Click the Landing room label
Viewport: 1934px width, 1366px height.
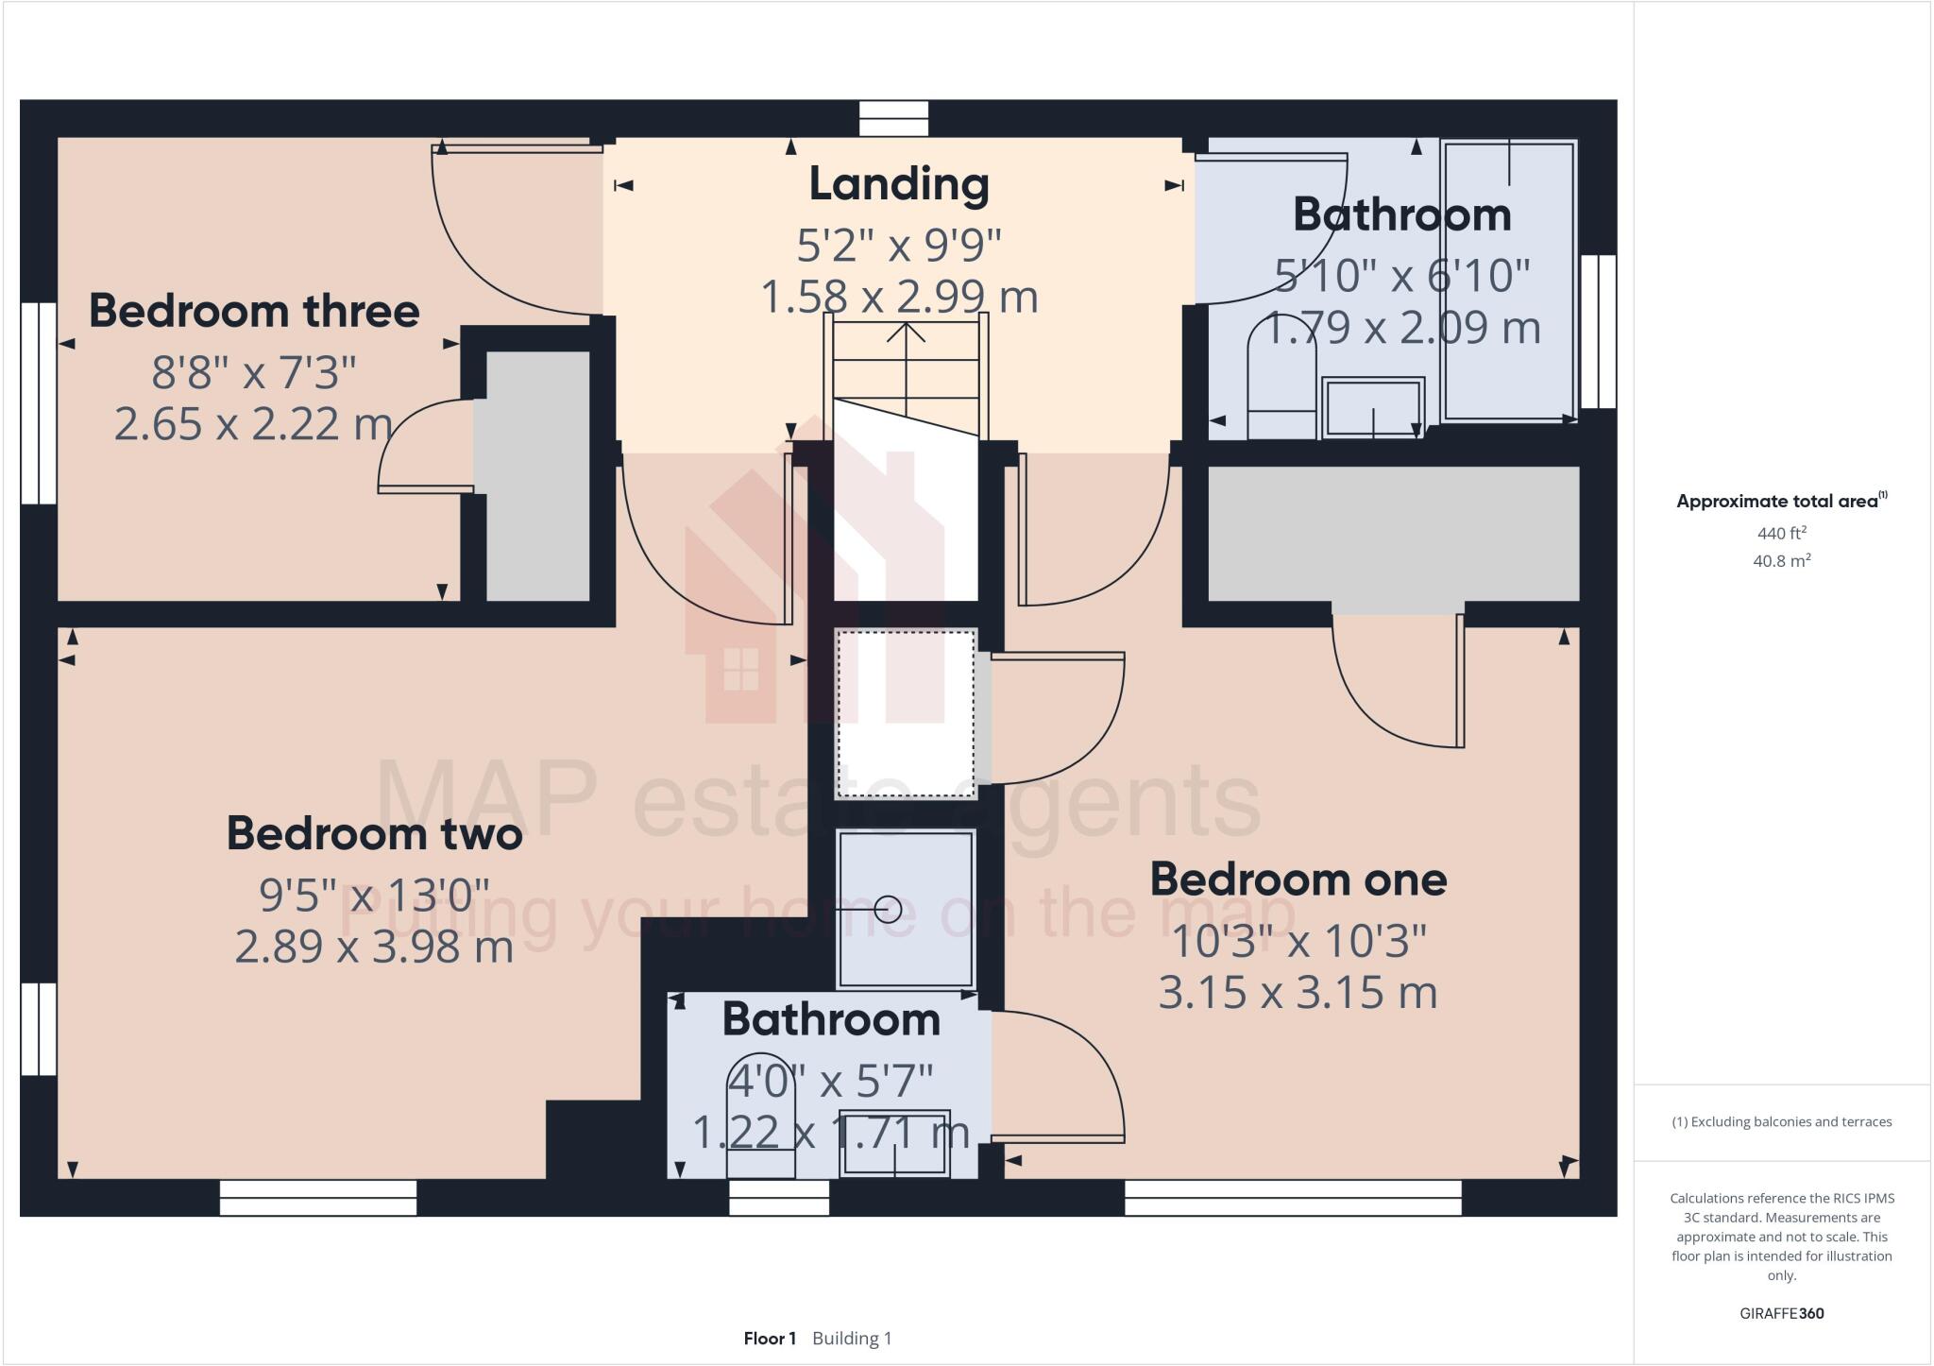point(898,184)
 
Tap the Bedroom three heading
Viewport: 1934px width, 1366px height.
point(254,311)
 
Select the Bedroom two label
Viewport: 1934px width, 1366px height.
point(374,833)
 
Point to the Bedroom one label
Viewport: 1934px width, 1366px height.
point(1298,879)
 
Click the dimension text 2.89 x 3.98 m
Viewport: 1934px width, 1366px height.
point(374,947)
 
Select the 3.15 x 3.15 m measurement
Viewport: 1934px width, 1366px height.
point(1298,993)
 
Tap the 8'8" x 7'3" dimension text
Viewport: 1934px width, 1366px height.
point(254,373)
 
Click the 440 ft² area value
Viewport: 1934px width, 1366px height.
point(1781,533)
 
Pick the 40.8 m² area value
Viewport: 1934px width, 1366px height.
point(1781,561)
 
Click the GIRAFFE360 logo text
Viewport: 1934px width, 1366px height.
point(1781,1313)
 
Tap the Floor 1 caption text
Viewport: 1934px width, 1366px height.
point(770,1339)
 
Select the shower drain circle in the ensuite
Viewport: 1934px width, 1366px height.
point(888,910)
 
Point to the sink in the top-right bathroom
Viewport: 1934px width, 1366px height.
point(1372,407)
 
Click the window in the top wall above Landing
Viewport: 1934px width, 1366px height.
point(893,119)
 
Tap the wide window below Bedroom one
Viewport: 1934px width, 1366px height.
point(1293,1198)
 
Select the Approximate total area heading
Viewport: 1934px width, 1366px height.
point(1781,501)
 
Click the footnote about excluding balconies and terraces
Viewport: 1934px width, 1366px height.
point(1781,1122)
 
